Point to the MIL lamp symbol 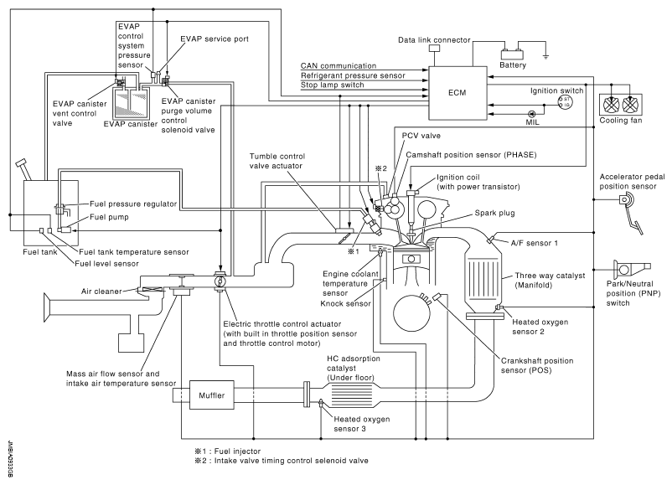click(531, 112)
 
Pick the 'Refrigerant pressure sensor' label click(352, 75)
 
